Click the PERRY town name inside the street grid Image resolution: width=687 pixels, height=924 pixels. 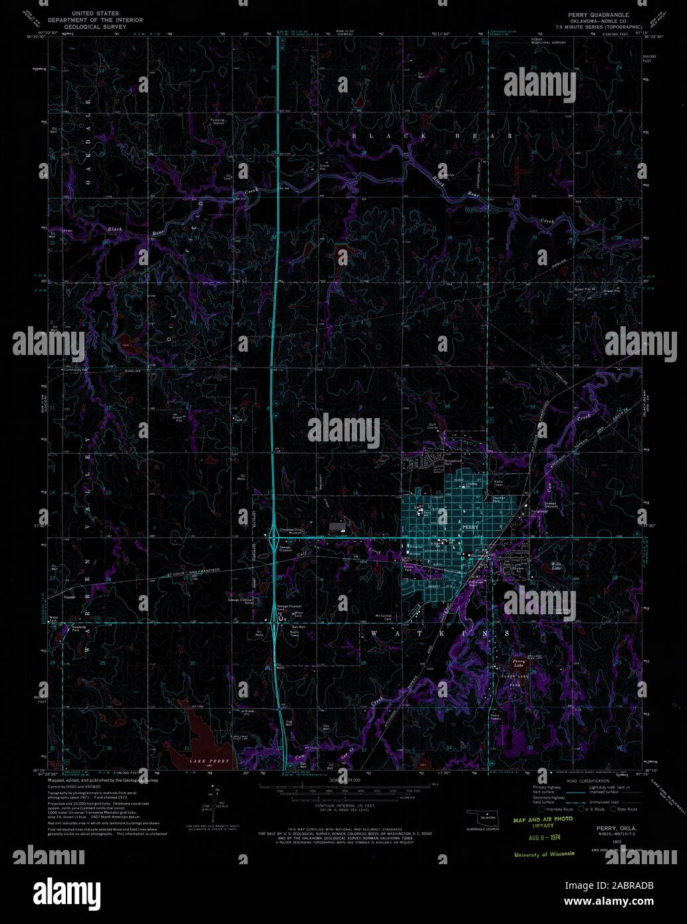tap(470, 527)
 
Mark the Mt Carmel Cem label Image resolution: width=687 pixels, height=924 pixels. tap(386, 616)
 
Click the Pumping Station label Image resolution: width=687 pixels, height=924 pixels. tap(217, 121)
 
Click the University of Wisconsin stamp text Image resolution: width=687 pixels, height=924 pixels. tap(544, 854)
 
